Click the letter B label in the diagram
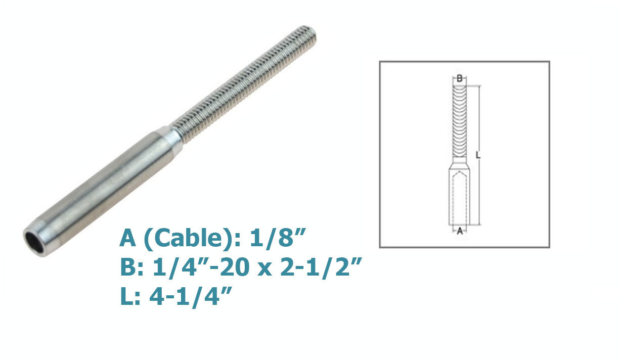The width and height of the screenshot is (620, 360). coord(459,78)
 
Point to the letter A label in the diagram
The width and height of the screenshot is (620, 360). coord(459,231)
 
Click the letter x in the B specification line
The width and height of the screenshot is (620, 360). coord(262,269)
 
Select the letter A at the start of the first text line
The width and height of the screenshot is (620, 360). coord(129,238)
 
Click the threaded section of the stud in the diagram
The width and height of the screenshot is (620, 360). coord(459,121)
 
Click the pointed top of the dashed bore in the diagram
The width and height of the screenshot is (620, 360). coord(459,173)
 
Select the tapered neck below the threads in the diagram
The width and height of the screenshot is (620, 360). coord(459,163)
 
